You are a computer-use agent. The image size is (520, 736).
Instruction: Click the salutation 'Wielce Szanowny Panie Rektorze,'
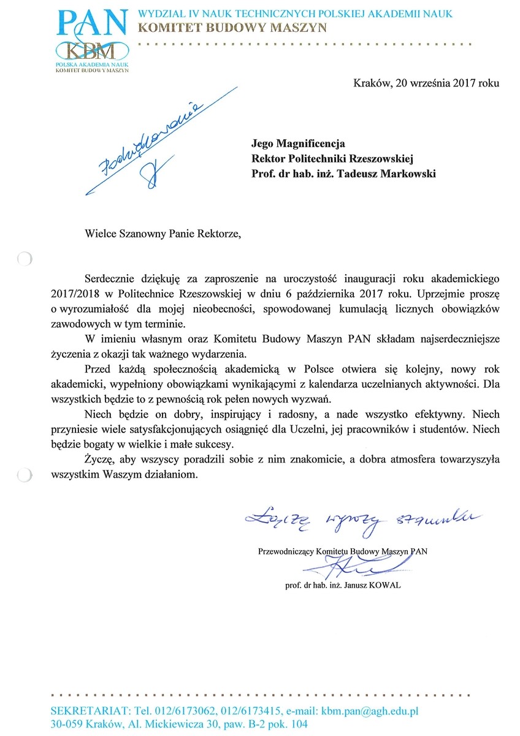coord(159,233)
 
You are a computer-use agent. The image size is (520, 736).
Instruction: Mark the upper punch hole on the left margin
coord(23,259)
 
